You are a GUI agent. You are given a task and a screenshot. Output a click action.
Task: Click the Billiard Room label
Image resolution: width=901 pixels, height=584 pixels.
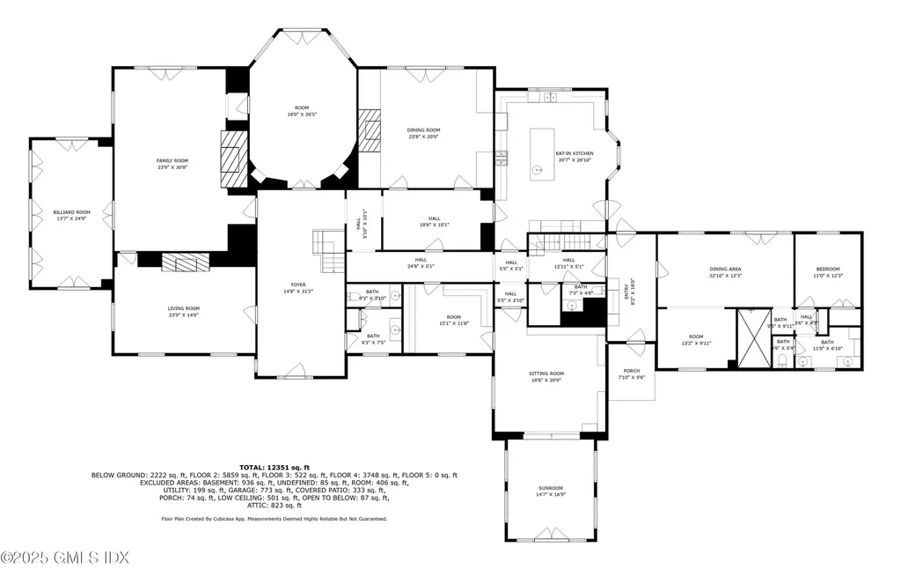click(71, 212)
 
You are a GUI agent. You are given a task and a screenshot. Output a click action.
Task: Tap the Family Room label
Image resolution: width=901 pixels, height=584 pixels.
click(172, 160)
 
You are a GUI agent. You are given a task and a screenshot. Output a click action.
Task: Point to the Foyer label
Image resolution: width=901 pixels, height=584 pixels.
click(299, 285)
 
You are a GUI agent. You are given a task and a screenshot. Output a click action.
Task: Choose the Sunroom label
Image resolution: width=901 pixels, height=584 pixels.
click(551, 488)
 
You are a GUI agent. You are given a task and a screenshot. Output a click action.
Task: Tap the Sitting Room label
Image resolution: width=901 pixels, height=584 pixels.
click(546, 373)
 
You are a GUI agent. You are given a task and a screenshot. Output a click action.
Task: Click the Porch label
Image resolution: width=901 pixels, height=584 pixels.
click(632, 371)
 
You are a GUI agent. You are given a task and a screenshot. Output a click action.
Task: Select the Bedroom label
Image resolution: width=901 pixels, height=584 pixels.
click(827, 270)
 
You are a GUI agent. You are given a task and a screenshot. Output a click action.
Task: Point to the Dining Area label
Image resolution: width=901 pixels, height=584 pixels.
click(726, 270)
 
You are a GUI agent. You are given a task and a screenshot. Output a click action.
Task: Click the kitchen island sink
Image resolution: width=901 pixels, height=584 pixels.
click(535, 168)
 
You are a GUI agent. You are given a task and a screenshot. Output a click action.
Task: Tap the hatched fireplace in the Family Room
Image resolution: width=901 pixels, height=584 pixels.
click(233, 158)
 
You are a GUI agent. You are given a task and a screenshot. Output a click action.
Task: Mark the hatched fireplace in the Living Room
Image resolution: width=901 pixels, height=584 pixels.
click(183, 262)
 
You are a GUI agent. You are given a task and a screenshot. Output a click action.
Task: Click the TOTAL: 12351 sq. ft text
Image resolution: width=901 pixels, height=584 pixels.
click(275, 467)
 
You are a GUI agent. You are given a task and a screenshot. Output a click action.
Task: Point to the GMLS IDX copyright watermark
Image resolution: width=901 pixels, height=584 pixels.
click(65, 558)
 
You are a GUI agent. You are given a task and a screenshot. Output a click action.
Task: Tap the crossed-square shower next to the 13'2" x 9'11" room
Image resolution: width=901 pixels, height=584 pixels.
click(752, 337)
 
